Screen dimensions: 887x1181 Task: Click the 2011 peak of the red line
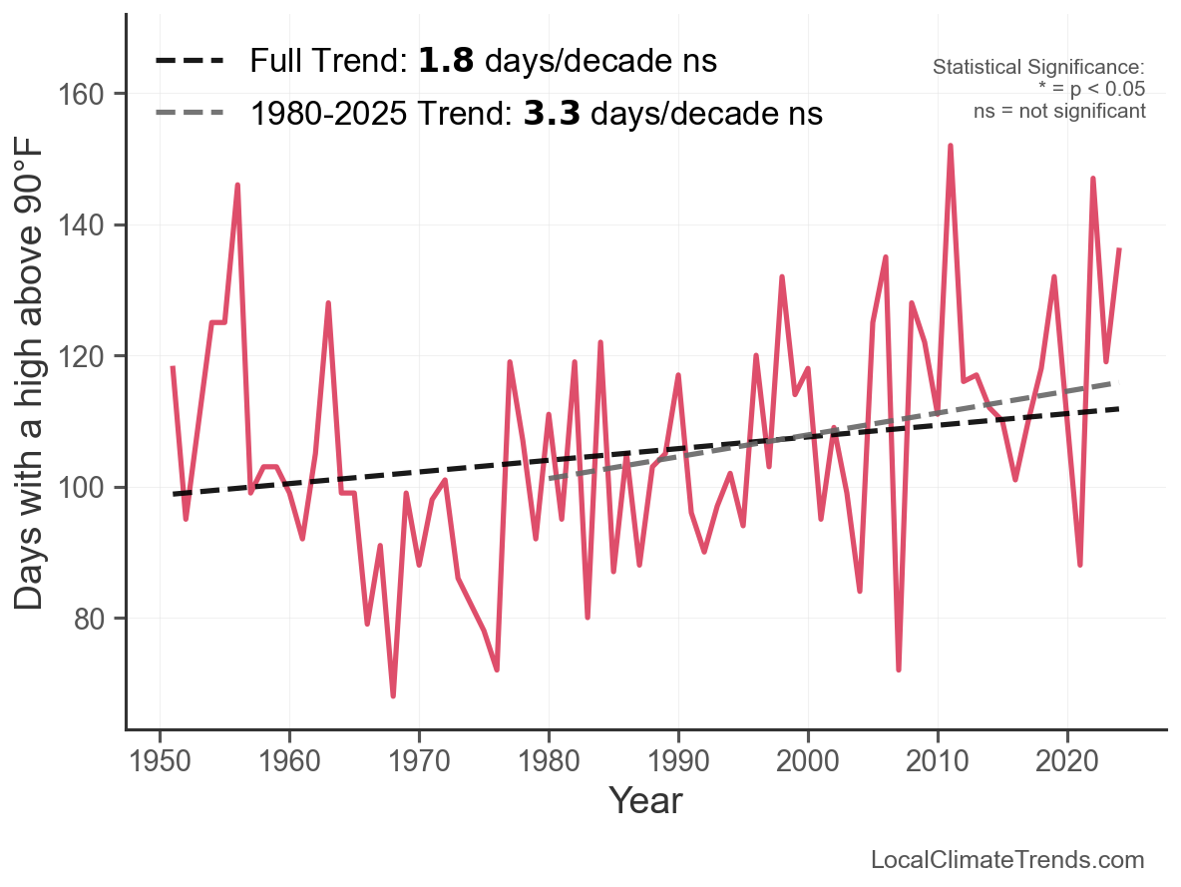pos(951,146)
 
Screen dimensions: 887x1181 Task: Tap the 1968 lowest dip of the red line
pos(393,695)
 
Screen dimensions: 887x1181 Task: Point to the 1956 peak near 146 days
pos(237,185)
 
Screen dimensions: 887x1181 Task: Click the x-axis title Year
pos(645,800)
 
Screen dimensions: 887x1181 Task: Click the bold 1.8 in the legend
pos(446,62)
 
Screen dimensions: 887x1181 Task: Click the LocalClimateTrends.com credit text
pos(1007,860)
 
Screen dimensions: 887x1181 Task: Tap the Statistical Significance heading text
pos(1038,68)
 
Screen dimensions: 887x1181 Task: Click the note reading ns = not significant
pos(1059,111)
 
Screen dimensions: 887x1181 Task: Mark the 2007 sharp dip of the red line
pos(899,669)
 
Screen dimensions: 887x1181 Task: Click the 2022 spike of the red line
pos(1093,179)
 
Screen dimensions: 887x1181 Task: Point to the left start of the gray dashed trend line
pos(550,479)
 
